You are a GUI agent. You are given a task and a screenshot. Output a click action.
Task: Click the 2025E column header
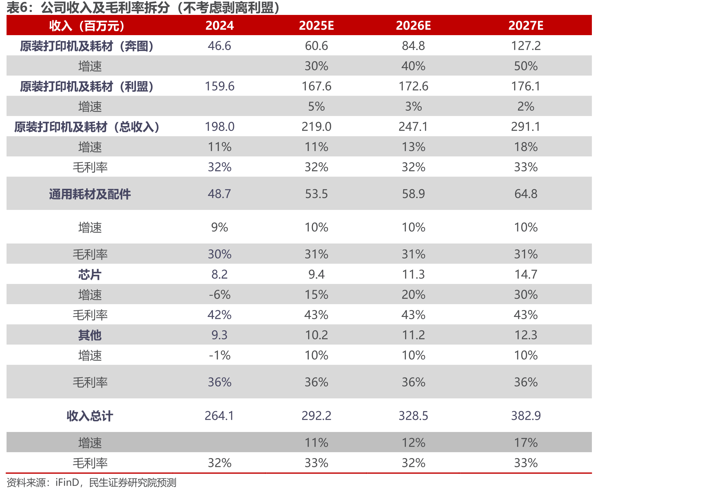tap(316, 26)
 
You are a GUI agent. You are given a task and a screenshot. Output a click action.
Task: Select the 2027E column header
tap(526, 26)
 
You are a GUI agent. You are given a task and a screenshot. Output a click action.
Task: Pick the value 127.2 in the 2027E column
tap(526, 46)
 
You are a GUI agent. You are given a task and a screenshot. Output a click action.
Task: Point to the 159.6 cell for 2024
tap(219, 86)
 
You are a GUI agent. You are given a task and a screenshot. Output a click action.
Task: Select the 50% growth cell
tap(526, 66)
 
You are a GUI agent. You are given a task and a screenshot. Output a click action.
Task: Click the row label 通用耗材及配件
tap(90, 194)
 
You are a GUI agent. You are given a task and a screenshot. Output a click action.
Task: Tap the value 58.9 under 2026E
tap(413, 194)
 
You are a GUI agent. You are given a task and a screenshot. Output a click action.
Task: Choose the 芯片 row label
tap(90, 274)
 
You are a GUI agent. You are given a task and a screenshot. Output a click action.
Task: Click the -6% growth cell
tap(219, 295)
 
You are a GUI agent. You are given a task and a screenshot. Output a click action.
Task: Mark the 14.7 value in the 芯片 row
tap(526, 274)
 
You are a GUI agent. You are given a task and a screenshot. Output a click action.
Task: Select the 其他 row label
tap(90, 335)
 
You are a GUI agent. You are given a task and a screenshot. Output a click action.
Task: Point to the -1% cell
tap(219, 355)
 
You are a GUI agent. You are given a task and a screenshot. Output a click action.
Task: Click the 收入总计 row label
tap(90, 416)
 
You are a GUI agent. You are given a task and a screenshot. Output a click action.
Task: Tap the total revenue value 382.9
tap(526, 416)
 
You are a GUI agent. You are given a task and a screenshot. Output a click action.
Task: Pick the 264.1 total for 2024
tap(219, 416)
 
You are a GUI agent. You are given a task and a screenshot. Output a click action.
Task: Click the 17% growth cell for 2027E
tap(526, 443)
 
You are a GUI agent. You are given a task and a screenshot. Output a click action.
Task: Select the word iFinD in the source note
tap(67, 483)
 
